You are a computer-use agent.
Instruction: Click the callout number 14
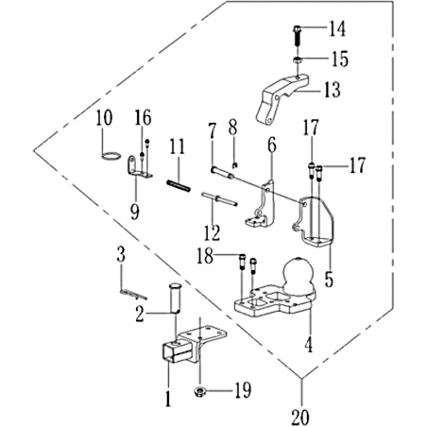click(337, 29)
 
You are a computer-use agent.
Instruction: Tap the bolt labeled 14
click(298, 35)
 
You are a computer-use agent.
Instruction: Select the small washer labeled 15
click(298, 60)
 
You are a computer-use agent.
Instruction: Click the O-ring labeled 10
click(111, 156)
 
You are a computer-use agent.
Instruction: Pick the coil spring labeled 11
click(179, 185)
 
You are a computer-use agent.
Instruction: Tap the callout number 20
click(300, 417)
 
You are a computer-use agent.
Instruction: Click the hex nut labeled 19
click(199, 392)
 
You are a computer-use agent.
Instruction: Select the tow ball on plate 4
click(299, 275)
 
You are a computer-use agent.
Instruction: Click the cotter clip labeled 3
click(133, 295)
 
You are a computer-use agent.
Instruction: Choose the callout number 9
click(135, 212)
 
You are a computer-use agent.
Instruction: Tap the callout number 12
click(212, 232)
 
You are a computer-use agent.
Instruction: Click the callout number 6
click(272, 145)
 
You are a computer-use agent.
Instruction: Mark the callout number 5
click(329, 279)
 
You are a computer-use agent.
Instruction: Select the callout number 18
click(205, 256)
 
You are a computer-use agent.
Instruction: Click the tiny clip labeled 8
click(234, 164)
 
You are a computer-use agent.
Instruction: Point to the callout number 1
click(168, 399)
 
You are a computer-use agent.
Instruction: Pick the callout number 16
click(144, 117)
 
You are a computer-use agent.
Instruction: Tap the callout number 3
click(121, 254)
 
